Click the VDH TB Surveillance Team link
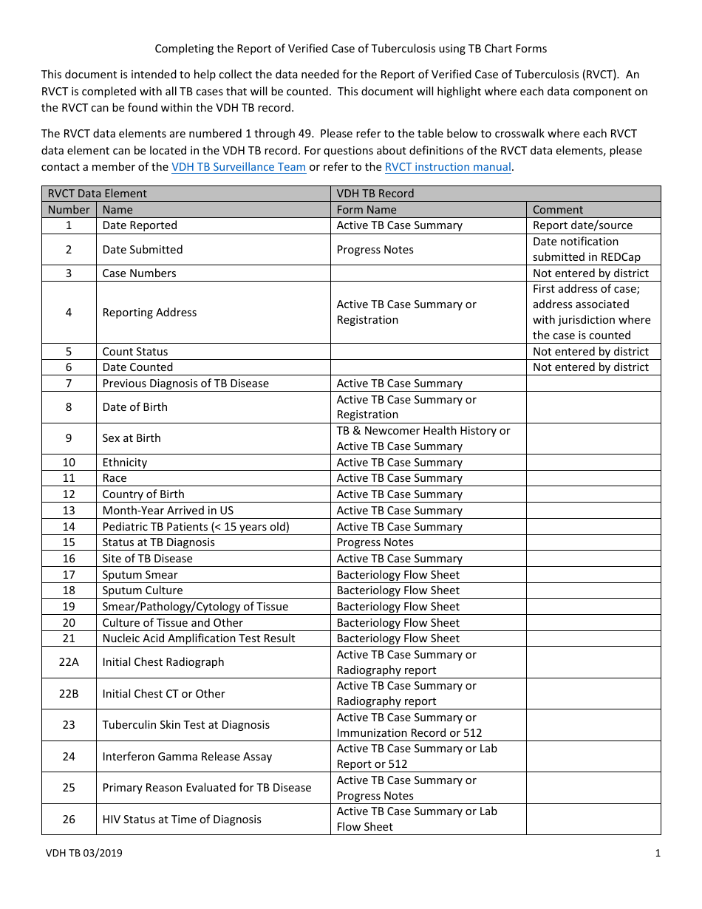coord(238,167)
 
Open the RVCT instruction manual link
coord(448,167)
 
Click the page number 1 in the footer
coord(657,853)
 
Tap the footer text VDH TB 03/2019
coord(84,853)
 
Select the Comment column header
coord(558,210)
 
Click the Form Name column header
coord(367,210)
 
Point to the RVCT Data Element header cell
coord(98,194)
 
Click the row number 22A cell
coord(69,662)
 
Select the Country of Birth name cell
coord(143,494)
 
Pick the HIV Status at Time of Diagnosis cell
coord(182,819)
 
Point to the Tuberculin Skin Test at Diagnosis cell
coord(185,725)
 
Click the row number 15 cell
coord(69,542)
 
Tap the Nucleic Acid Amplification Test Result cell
coord(199,639)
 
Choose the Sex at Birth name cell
coord(132,438)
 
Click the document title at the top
coord(350,49)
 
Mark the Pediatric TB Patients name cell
coord(196,527)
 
